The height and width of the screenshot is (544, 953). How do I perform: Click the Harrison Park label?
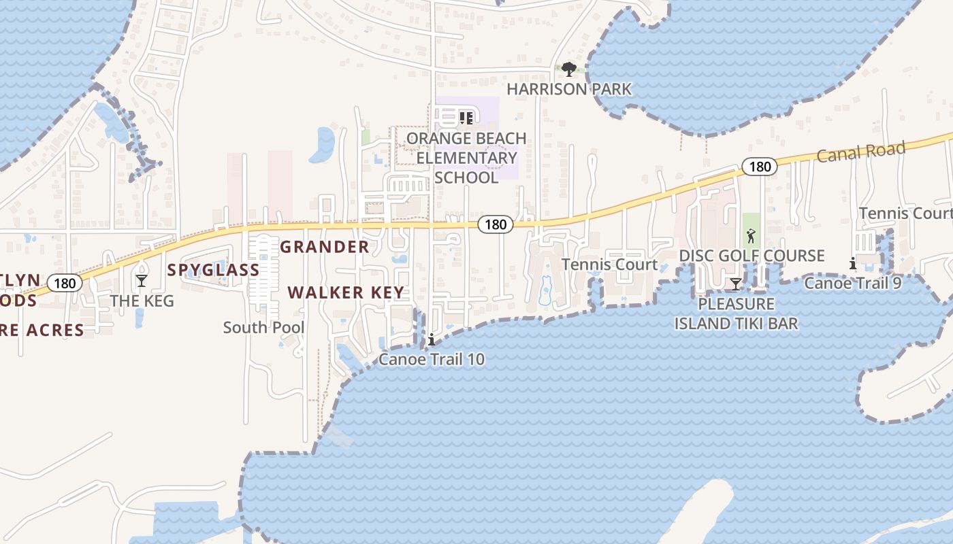click(569, 89)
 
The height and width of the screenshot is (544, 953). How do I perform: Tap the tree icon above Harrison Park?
click(569, 69)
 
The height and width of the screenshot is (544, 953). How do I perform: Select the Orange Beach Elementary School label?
click(466, 158)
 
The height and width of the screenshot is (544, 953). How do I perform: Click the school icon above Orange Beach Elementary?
click(466, 118)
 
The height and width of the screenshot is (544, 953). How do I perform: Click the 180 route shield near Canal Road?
click(759, 167)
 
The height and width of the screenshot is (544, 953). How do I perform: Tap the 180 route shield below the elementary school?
click(495, 224)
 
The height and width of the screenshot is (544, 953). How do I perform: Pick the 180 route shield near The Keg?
click(65, 283)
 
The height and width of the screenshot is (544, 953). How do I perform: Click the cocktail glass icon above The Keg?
click(142, 280)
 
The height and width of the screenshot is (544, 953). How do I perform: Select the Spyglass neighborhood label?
click(214, 270)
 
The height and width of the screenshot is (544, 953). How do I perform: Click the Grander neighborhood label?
click(325, 247)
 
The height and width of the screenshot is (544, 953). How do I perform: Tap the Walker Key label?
click(346, 293)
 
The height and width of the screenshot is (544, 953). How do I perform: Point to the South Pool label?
click(264, 328)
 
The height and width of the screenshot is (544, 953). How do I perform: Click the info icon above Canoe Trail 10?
click(431, 340)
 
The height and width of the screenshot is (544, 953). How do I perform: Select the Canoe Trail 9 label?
click(853, 283)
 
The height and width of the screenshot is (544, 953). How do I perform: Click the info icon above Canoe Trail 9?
click(852, 264)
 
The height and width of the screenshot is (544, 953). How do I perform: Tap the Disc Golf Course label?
click(752, 256)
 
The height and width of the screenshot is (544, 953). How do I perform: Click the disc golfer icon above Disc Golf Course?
click(751, 237)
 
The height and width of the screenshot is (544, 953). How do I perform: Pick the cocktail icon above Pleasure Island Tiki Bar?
click(735, 284)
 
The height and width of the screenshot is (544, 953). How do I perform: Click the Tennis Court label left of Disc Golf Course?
click(609, 265)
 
